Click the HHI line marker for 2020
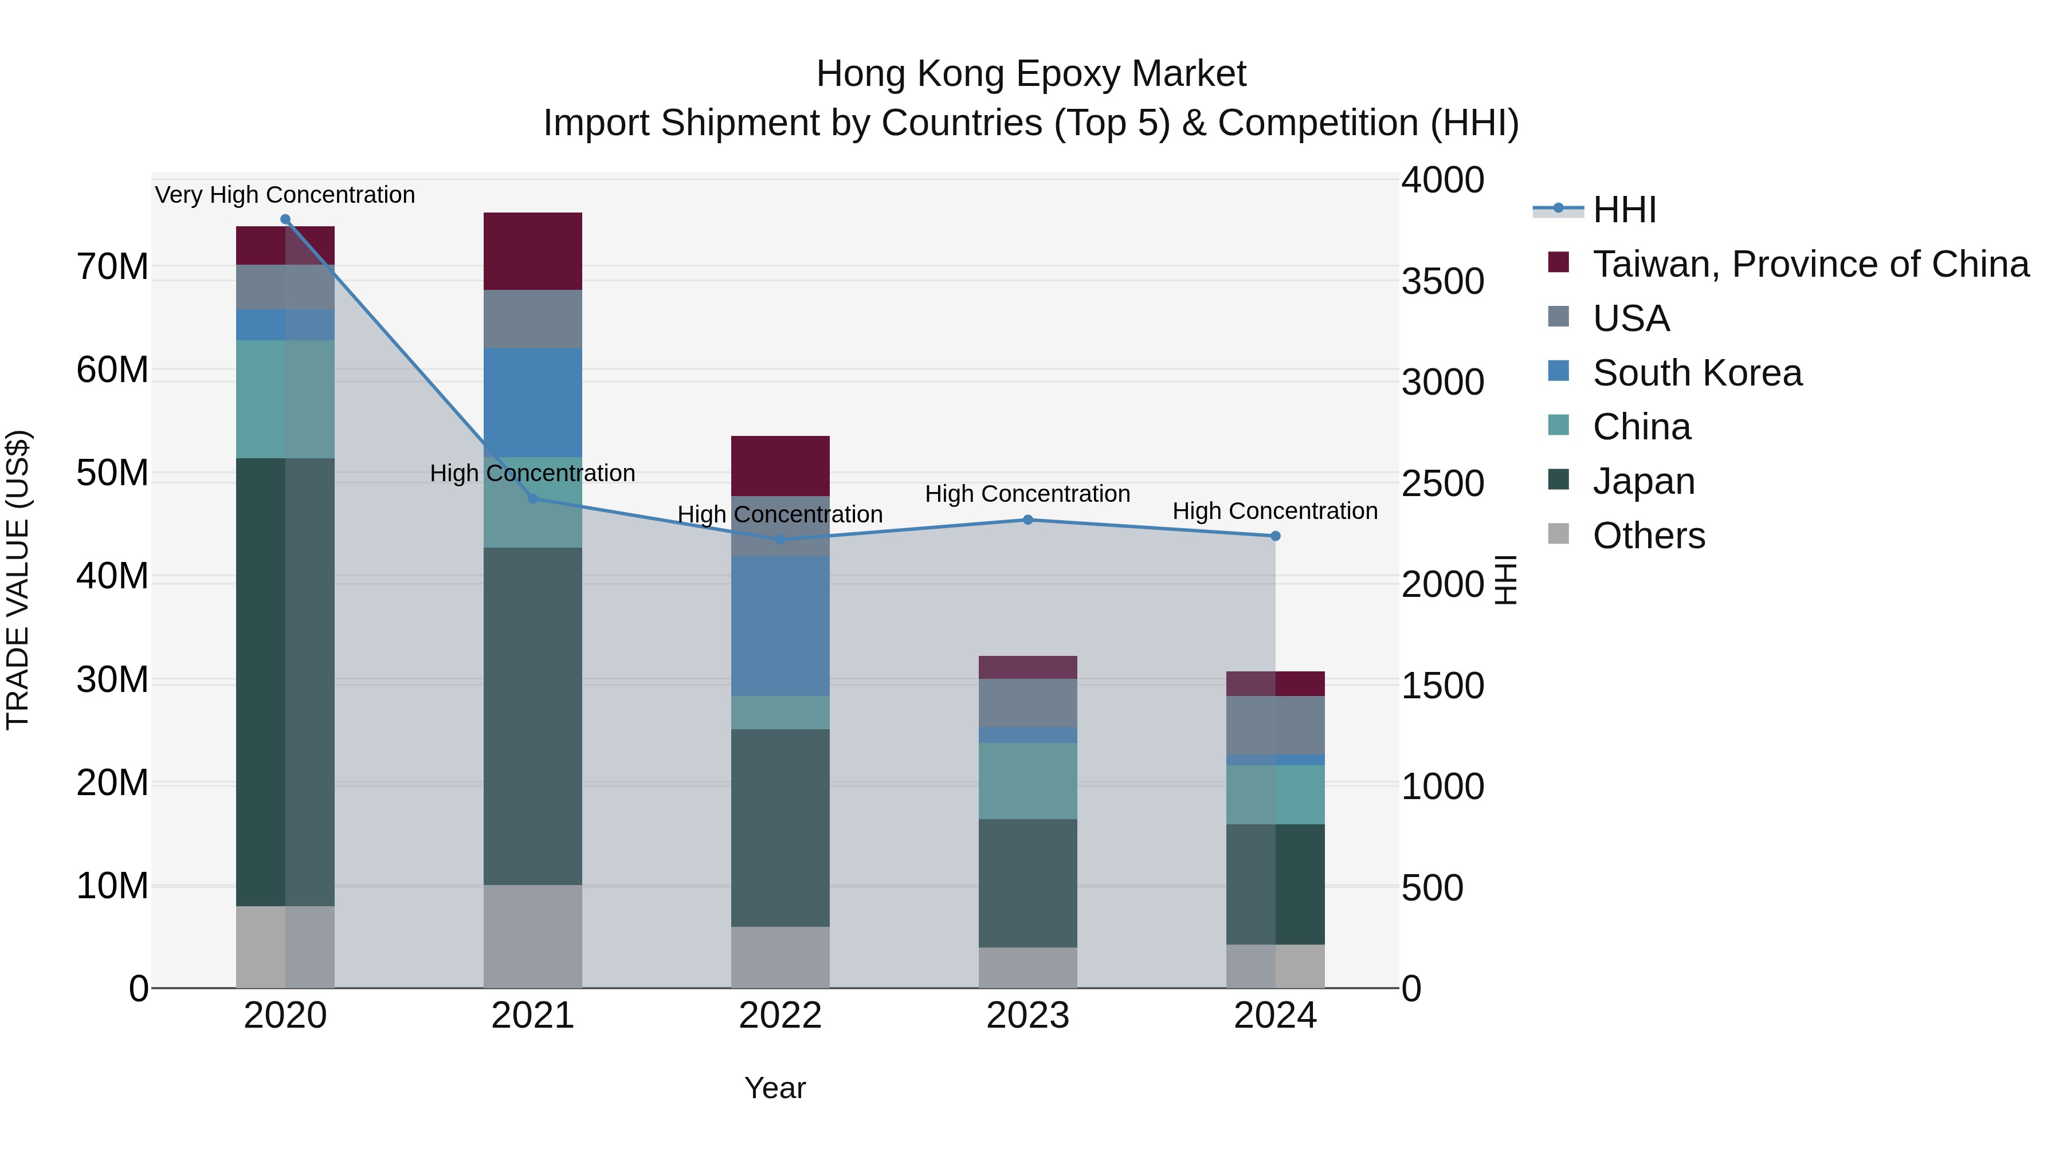(x=285, y=219)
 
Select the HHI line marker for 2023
(x=1027, y=520)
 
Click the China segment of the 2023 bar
(x=1027, y=781)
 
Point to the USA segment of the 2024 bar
(x=1275, y=725)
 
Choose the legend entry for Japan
(x=1644, y=481)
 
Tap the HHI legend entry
(x=1624, y=210)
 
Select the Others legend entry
(x=1648, y=536)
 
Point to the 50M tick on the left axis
(x=112, y=473)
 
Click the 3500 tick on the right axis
(x=1442, y=281)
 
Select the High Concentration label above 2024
(x=1275, y=511)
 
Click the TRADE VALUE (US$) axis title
(x=18, y=580)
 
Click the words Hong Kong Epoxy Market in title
(x=1031, y=74)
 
